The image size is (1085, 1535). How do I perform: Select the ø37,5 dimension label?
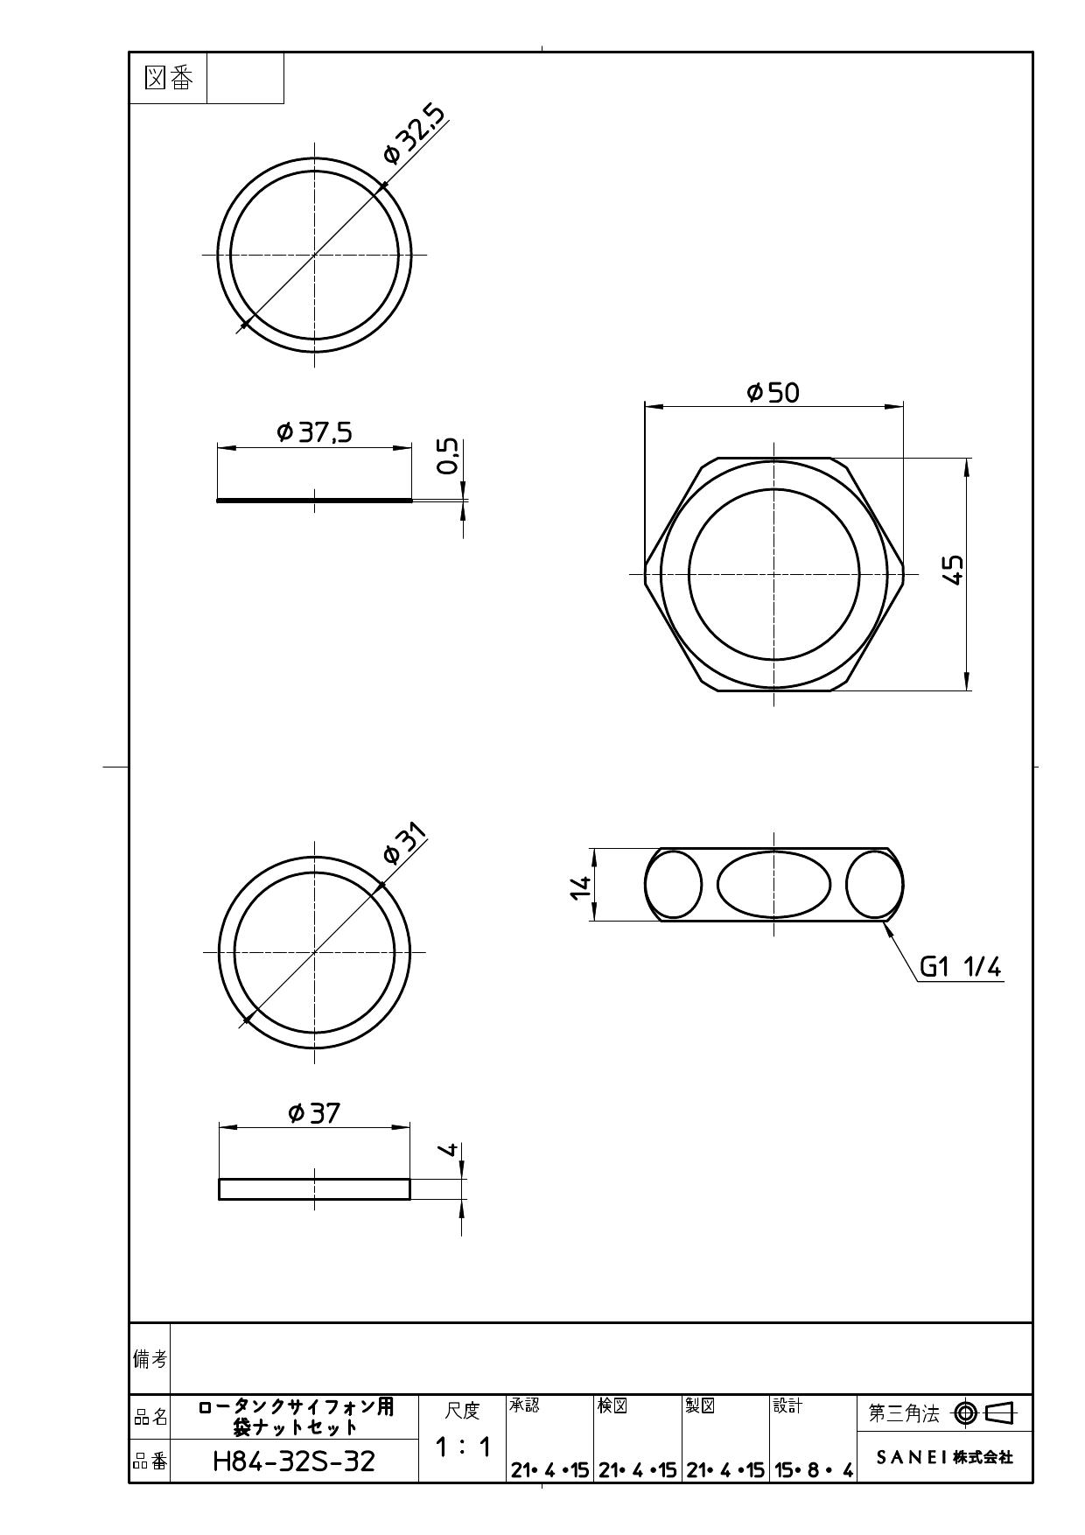pyautogui.click(x=314, y=432)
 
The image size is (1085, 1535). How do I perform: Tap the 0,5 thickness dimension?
pyautogui.click(x=448, y=456)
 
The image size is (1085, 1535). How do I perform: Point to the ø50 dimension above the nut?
pyautogui.click(x=773, y=392)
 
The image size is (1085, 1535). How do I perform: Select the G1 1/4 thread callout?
pyautogui.click(x=960, y=967)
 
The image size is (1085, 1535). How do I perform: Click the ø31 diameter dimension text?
pyautogui.click(x=405, y=844)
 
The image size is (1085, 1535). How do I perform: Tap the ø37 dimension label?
pyautogui.click(x=314, y=1113)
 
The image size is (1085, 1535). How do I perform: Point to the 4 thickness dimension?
pyautogui.click(x=448, y=1149)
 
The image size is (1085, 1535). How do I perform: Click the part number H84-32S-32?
pyautogui.click(x=294, y=1461)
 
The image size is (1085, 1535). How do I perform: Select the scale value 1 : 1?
pyautogui.click(x=463, y=1447)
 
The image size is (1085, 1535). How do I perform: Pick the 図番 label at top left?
pyautogui.click(x=168, y=79)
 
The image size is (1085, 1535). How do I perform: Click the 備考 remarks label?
pyautogui.click(x=150, y=1358)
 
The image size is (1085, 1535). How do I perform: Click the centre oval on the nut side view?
pyautogui.click(x=773, y=885)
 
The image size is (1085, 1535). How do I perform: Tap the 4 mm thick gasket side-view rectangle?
pyautogui.click(x=314, y=1189)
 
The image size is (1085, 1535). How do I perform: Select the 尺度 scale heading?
pyautogui.click(x=463, y=1411)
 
